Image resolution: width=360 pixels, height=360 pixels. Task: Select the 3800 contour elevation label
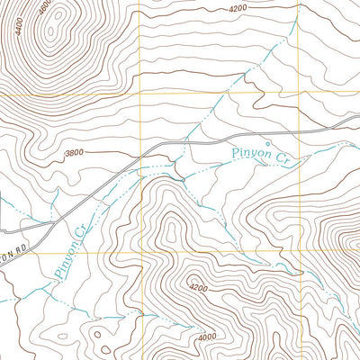(75, 153)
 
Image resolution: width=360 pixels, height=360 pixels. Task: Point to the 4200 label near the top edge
(238, 8)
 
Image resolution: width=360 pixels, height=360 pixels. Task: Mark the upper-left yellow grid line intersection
(142, 93)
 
